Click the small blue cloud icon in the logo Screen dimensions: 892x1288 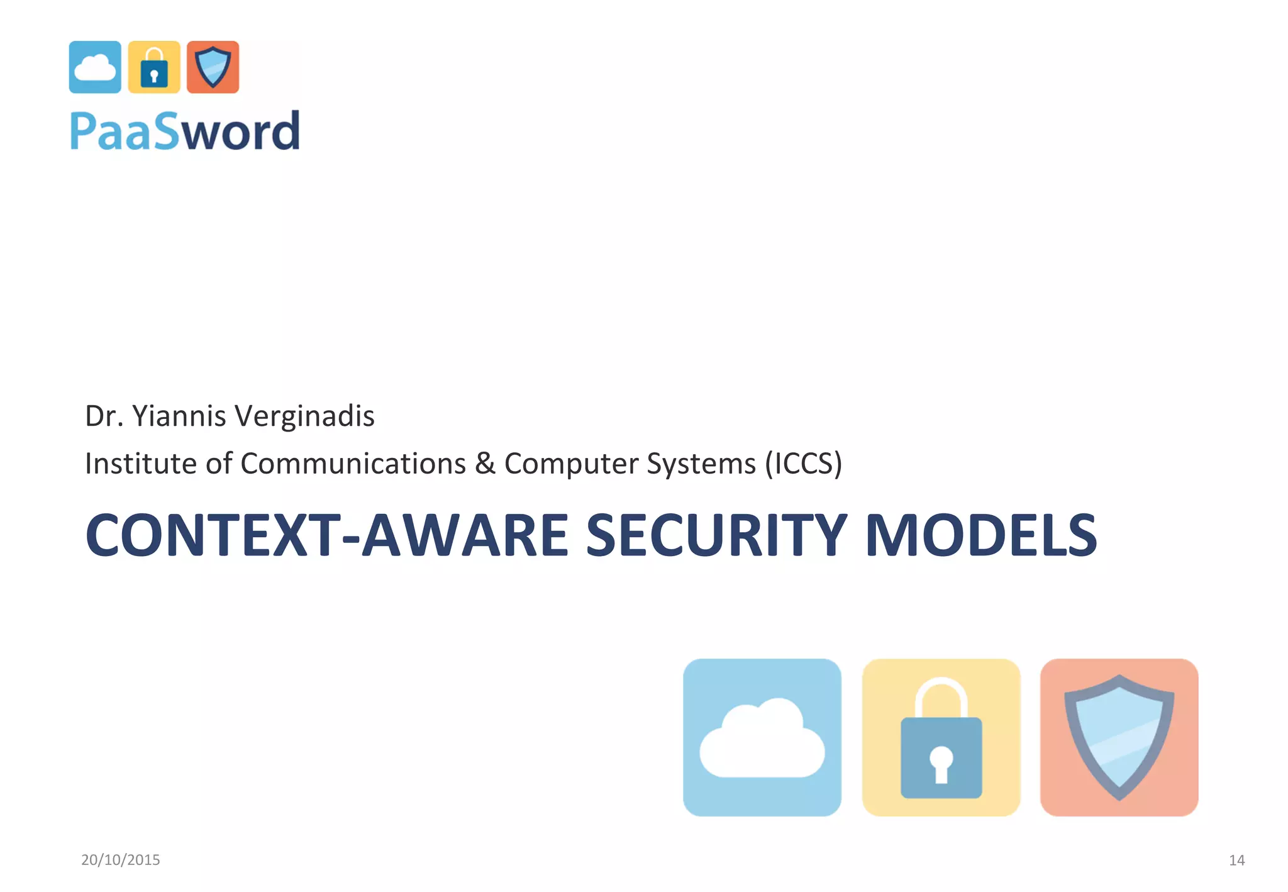pos(95,67)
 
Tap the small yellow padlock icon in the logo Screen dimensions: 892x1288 pos(154,67)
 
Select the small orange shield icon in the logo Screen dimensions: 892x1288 pos(213,67)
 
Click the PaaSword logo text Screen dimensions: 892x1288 pos(185,131)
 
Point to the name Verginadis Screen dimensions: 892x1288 pos(305,416)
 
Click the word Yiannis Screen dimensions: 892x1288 pos(179,416)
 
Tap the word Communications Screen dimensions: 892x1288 pos(353,464)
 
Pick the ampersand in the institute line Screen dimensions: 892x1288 pos(485,464)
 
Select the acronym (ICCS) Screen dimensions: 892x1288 pos(803,464)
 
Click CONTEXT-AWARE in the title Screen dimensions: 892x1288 pos(327,535)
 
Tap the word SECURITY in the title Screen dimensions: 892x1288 pos(716,535)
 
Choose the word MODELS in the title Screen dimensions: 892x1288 pos(981,535)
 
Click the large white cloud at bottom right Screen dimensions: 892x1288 pos(762,740)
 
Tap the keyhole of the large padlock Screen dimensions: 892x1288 pos(941,763)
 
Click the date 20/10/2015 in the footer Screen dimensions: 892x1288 pos(121,860)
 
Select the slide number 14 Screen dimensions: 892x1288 pos(1236,860)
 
